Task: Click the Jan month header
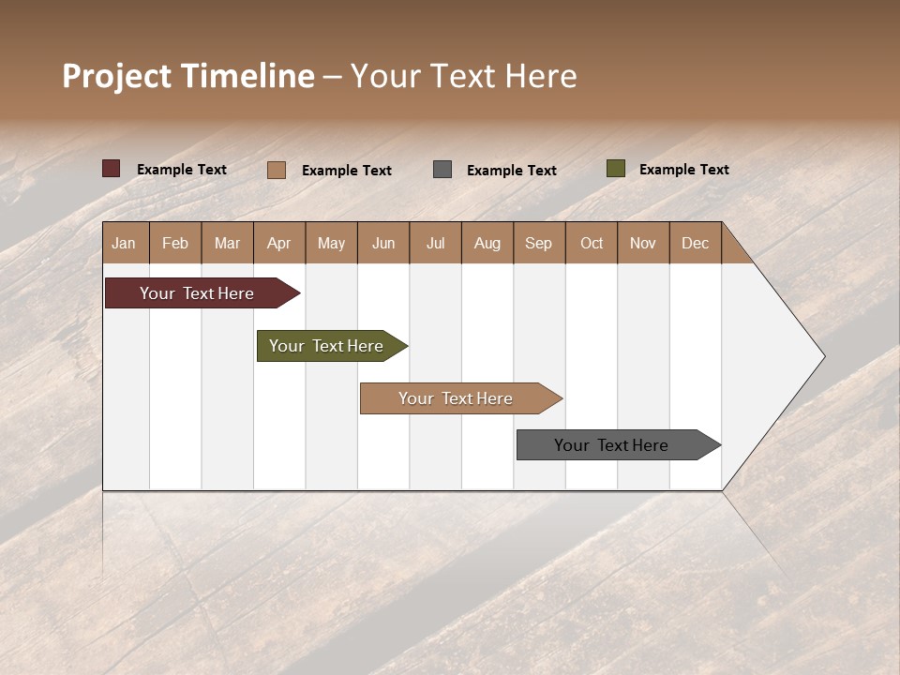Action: click(124, 243)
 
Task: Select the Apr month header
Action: click(279, 243)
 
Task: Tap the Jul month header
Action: click(435, 243)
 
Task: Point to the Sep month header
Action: click(538, 243)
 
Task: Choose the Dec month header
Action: click(695, 243)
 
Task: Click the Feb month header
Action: click(175, 243)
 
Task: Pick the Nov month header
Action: click(642, 243)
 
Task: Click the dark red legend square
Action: click(112, 169)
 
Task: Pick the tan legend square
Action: click(277, 170)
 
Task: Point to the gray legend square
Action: click(442, 170)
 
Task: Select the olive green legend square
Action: click(615, 169)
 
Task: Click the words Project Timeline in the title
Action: click(188, 76)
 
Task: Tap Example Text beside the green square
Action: click(683, 170)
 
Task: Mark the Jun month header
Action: click(383, 243)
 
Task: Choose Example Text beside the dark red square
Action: click(182, 170)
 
